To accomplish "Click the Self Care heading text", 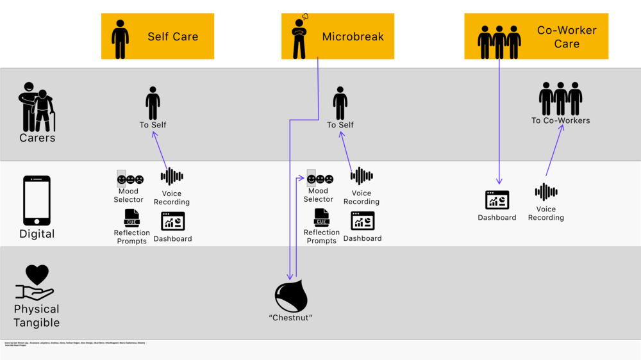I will click(x=172, y=37).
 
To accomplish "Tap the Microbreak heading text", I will click(x=353, y=37).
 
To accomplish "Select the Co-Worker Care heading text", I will click(x=567, y=37).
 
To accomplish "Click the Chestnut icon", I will click(x=291, y=297).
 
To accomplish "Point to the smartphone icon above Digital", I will click(x=37, y=200).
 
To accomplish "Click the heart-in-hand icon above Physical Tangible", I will click(x=36, y=282).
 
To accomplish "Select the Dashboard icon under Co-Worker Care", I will click(x=497, y=200).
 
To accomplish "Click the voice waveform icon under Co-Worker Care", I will click(x=546, y=192).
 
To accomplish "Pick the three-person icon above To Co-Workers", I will click(x=560, y=99).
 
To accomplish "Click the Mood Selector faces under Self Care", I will click(x=130, y=179).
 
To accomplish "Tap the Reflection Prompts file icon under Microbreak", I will click(x=322, y=218).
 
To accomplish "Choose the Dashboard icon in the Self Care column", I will click(x=172, y=221).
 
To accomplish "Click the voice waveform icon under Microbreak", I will click(x=362, y=176).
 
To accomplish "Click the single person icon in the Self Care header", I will click(x=120, y=39).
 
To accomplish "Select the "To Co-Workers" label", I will click(x=560, y=120).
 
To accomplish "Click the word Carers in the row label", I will click(x=37, y=138).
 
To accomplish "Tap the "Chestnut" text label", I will click(x=290, y=318).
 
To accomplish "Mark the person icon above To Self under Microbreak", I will click(x=340, y=104).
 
